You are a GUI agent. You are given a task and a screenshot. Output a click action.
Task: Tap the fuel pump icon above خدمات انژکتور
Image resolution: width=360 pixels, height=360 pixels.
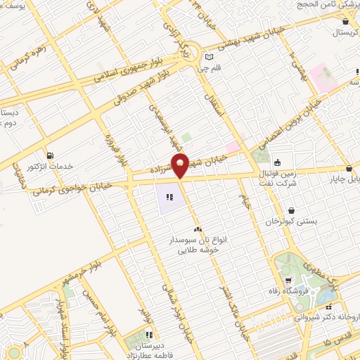click(49, 155)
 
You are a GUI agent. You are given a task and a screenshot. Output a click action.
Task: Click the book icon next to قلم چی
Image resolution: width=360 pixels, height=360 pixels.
click(208, 58)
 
